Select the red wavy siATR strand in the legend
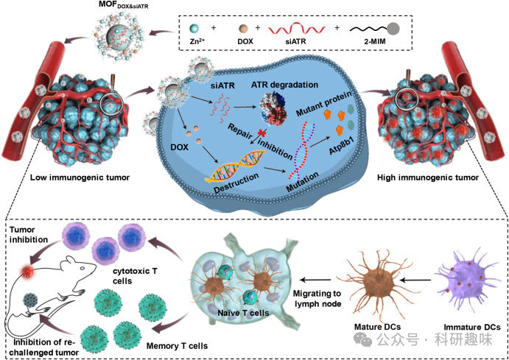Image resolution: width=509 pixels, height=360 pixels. click(x=297, y=29)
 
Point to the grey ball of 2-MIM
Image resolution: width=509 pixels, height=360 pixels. click(x=393, y=29)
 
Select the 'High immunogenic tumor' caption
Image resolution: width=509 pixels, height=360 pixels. click(x=428, y=177)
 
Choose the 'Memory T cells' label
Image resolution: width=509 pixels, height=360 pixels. click(x=177, y=346)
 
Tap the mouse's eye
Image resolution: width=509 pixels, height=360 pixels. click(x=83, y=268)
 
